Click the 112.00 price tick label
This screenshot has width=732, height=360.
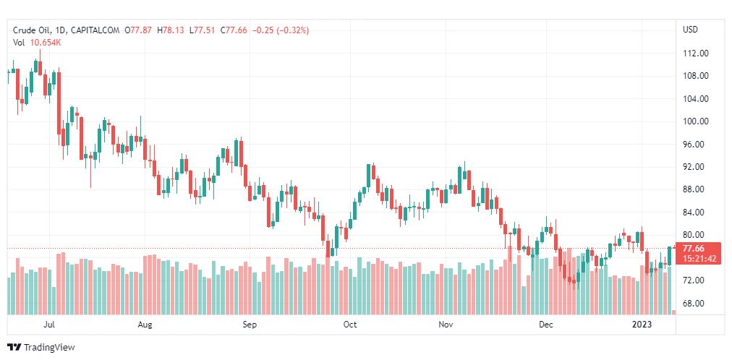tap(694, 53)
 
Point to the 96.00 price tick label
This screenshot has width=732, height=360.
tap(694, 145)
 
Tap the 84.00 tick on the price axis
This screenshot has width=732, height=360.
tap(694, 213)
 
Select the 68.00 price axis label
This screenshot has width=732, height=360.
tap(694, 304)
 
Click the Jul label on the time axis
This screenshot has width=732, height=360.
tap(49, 325)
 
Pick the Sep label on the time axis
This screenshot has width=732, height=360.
tap(250, 325)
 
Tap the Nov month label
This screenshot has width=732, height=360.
tap(446, 325)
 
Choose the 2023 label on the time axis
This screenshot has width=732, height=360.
tap(642, 325)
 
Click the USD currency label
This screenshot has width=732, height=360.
tap(690, 30)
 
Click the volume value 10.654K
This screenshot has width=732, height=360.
tap(46, 43)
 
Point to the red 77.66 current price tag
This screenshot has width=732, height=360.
tap(694, 249)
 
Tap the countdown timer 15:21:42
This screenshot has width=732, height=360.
tap(699, 259)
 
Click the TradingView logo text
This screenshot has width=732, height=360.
tap(48, 348)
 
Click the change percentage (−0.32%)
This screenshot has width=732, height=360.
tap(289, 30)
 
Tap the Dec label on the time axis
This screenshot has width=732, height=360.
tap(546, 325)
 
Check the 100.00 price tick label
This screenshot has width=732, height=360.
tap(694, 121)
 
